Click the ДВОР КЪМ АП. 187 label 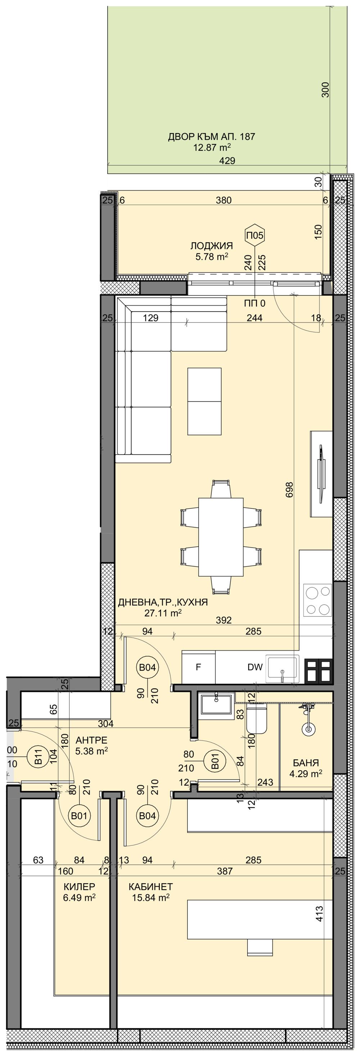[211, 136]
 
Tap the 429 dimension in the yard [227, 161]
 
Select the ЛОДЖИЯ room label [211, 246]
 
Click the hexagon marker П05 [254, 235]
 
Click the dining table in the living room [221, 537]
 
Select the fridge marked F [198, 667]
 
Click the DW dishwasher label [255, 667]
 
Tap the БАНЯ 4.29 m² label [306, 768]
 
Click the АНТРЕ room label [91, 740]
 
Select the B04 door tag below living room [147, 667]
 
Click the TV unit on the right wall [321, 474]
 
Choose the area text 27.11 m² [163, 613]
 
